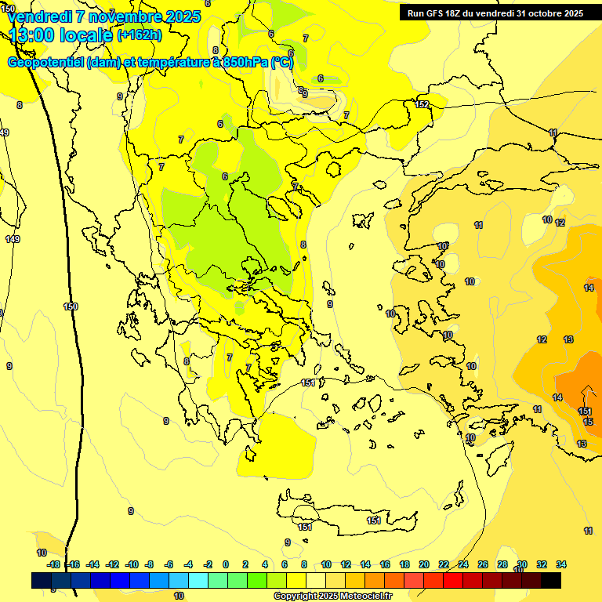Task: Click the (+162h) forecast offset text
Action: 139,34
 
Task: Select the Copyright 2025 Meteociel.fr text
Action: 332,596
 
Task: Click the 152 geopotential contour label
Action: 422,104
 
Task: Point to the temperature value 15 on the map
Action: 588,422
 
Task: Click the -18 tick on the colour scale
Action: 53,564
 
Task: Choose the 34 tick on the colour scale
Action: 561,564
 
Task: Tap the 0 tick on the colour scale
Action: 226,564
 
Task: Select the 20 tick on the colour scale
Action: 424,564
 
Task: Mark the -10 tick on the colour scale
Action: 131,564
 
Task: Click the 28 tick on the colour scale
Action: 502,564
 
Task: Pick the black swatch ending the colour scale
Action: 551,580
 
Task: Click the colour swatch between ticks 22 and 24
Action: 453,580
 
